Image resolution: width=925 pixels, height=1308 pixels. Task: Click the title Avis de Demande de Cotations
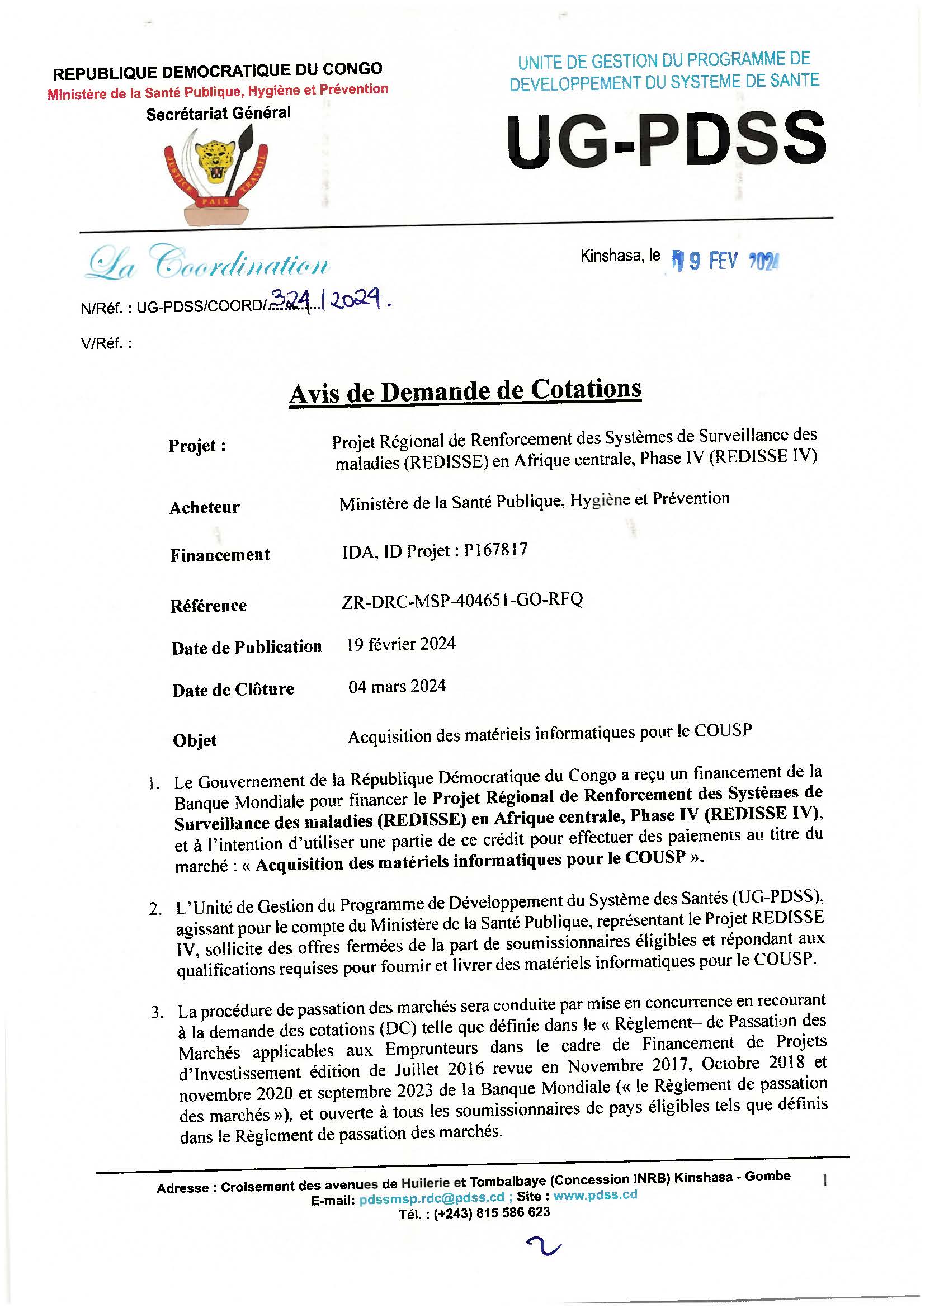465,391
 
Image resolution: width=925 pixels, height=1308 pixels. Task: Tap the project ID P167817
495,550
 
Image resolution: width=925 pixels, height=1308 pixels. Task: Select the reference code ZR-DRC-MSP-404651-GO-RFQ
462,601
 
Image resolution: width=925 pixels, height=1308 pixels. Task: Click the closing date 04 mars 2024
397,687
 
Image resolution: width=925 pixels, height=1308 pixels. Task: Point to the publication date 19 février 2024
401,644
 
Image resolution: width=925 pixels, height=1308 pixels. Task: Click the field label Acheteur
204,507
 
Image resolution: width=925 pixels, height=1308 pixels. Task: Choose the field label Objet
194,740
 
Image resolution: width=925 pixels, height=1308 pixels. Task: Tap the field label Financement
220,555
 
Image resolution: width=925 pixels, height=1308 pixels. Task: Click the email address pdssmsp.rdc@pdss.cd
432,1197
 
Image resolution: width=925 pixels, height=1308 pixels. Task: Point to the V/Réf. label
106,344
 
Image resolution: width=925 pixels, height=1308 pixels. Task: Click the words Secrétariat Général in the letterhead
218,114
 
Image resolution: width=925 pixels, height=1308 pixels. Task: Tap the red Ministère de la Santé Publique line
218,91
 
